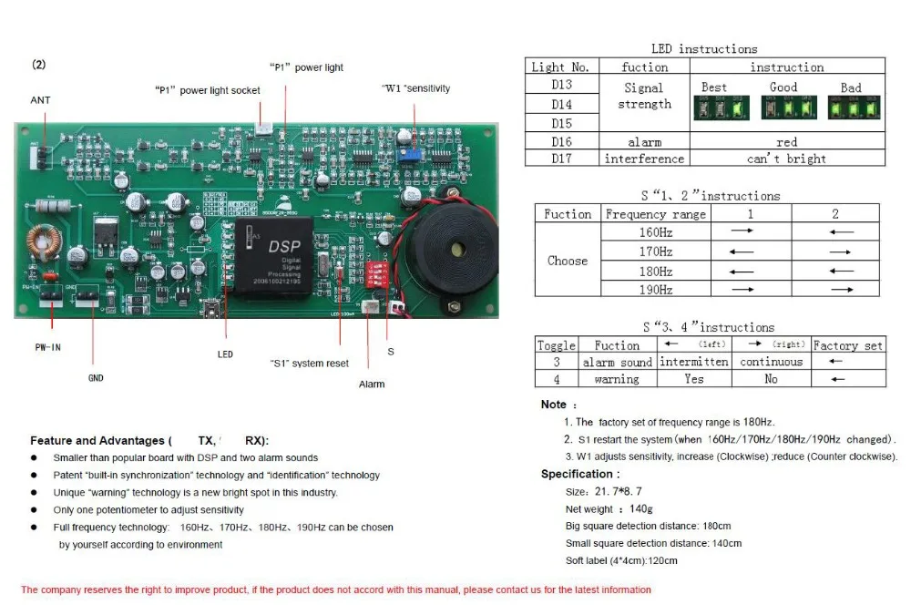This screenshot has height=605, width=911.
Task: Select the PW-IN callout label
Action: coord(47,347)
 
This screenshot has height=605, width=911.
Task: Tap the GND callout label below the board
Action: coord(96,376)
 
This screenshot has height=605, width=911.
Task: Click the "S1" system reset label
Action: coord(310,364)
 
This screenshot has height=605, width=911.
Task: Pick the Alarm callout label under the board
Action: coord(372,385)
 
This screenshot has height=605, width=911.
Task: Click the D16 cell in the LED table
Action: coord(561,142)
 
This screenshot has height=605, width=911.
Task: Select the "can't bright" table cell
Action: coord(786,159)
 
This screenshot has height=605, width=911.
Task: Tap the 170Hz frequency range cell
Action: coord(656,251)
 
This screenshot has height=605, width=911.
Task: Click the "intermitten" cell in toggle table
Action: coord(692,362)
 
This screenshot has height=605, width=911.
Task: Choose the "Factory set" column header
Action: coord(847,345)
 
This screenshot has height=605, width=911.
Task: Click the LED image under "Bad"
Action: coord(851,108)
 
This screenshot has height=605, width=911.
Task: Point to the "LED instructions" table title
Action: coord(703,49)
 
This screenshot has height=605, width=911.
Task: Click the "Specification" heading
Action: coord(579,474)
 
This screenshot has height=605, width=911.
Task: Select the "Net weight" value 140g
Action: coord(641,509)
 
